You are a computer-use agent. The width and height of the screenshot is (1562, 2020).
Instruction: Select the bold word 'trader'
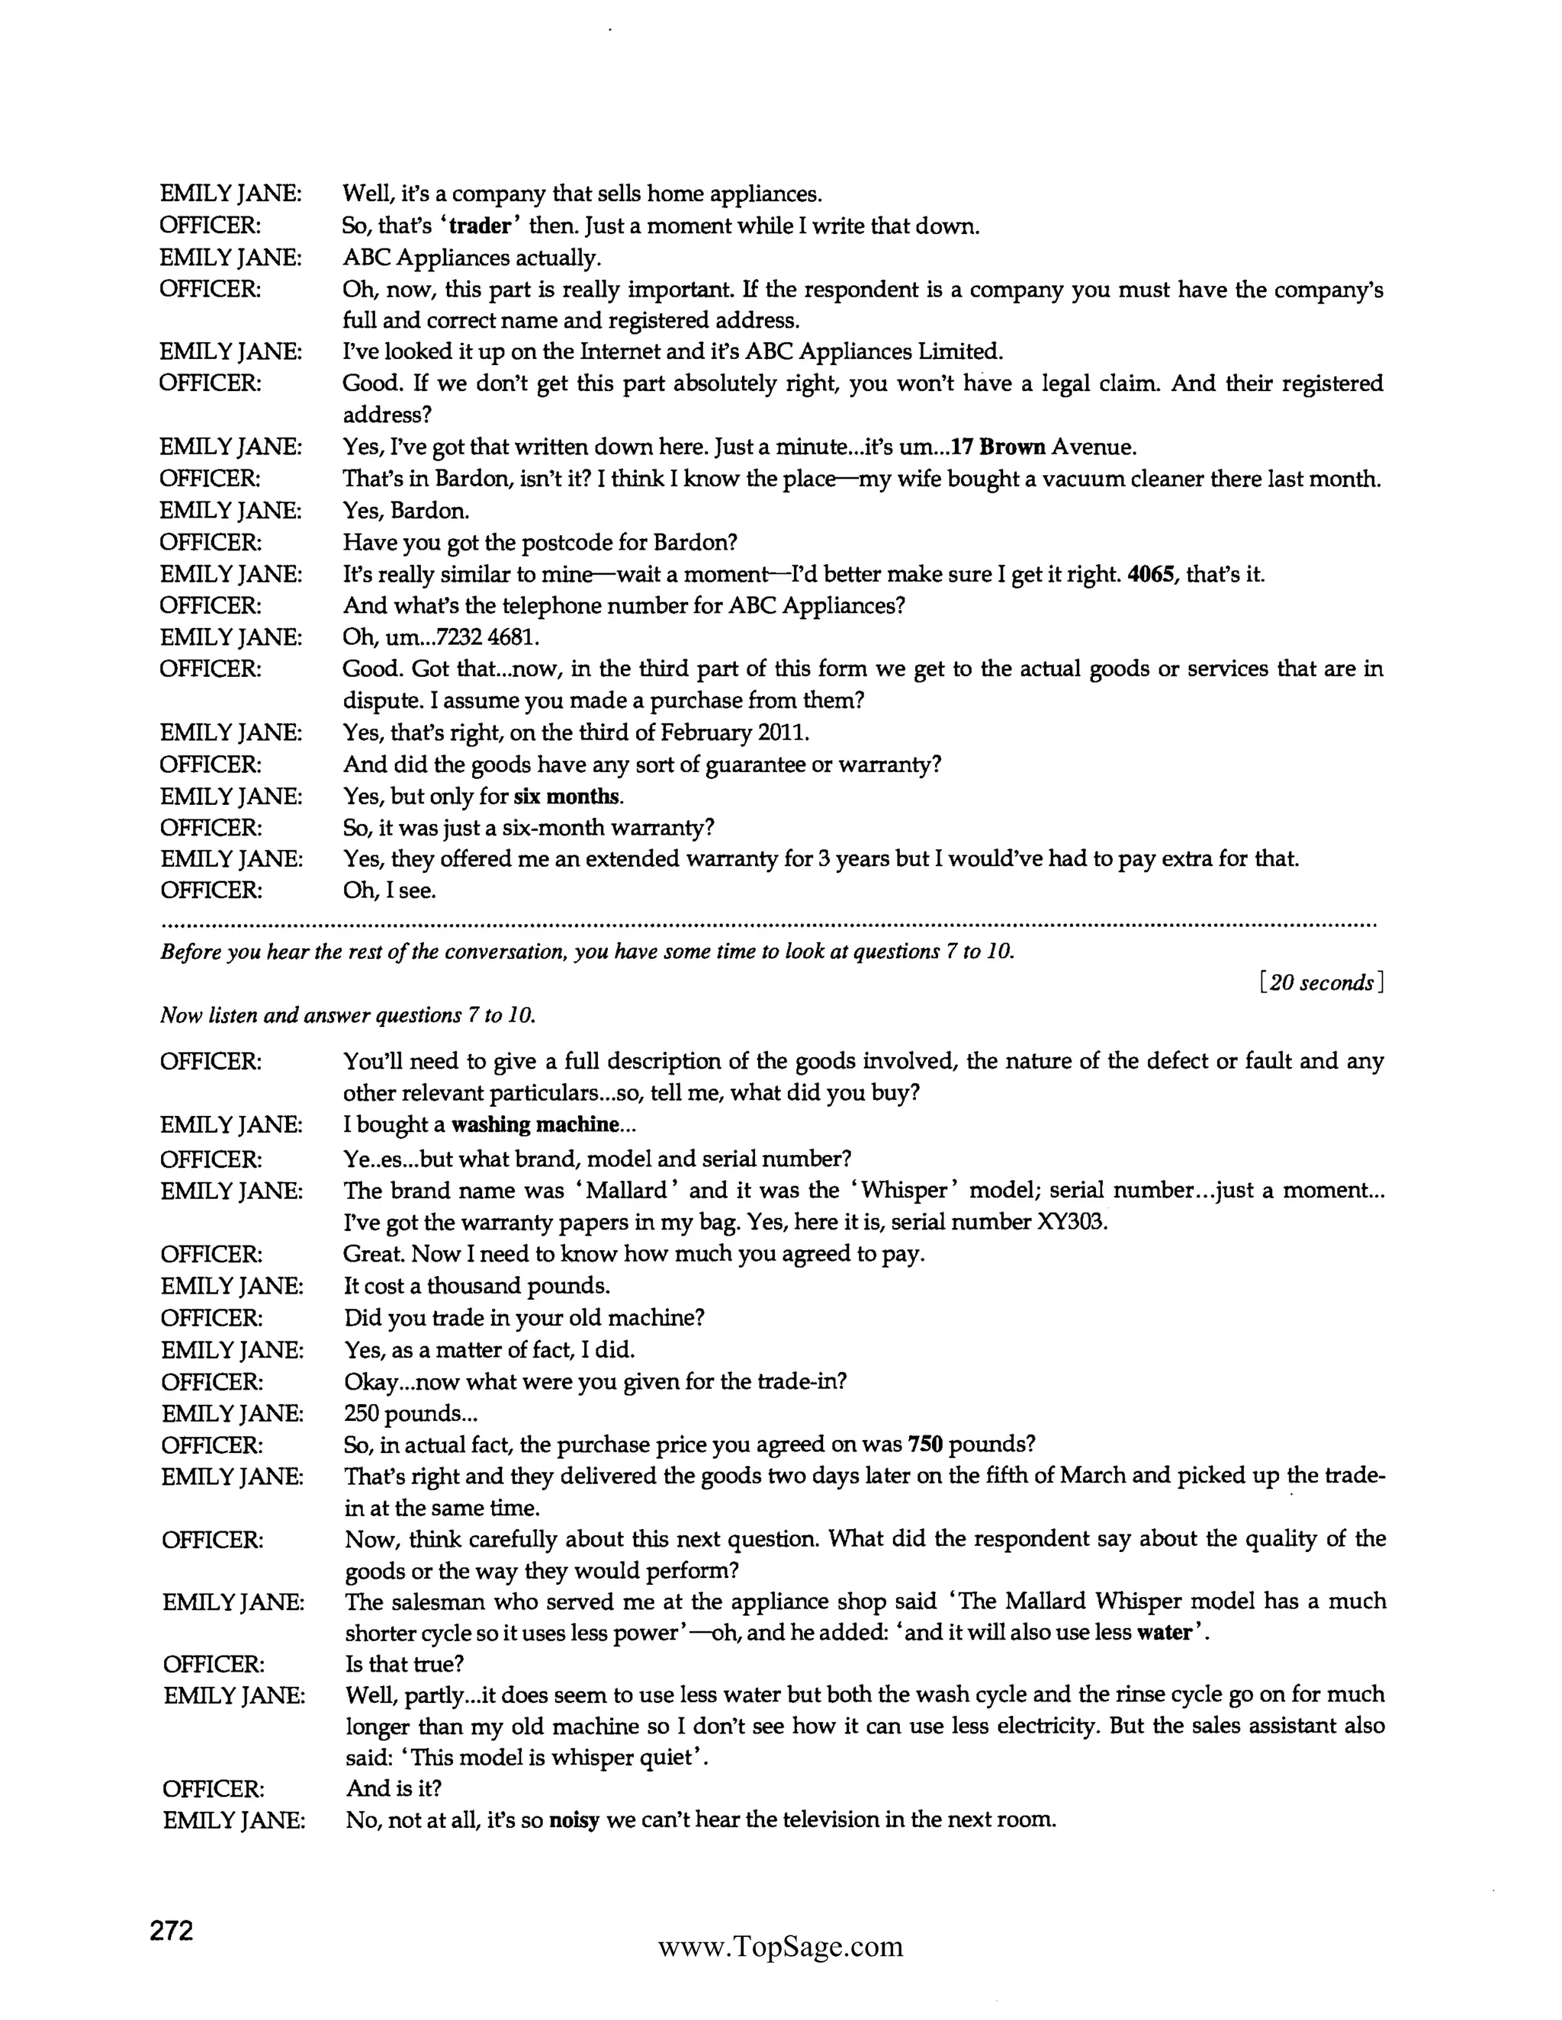coord(479,226)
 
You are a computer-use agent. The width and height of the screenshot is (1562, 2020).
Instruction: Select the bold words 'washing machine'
coord(535,1124)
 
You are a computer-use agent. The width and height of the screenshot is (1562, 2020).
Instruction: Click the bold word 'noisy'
coord(574,1820)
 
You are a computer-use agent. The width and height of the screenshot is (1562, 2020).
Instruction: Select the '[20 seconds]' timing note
coord(1322,983)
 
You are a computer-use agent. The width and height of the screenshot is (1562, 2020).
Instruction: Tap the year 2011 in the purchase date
coord(783,733)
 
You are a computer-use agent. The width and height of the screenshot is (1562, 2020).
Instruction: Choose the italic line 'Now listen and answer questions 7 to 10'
coord(348,1015)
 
